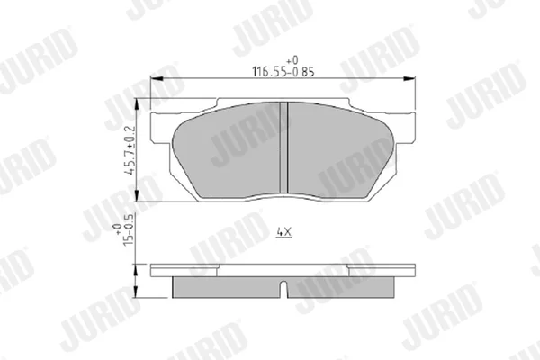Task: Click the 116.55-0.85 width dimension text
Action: pos(283,72)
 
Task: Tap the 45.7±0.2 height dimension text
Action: pos(130,150)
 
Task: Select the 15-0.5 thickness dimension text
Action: pos(128,229)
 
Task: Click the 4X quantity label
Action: pos(284,232)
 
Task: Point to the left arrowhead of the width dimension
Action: pos(157,79)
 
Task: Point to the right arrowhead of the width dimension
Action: pos(409,79)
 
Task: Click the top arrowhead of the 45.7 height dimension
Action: pos(137,104)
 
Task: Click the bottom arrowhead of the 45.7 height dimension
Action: pos(137,195)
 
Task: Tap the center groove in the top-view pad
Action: pos(283,148)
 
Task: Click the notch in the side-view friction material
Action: pos(283,290)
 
